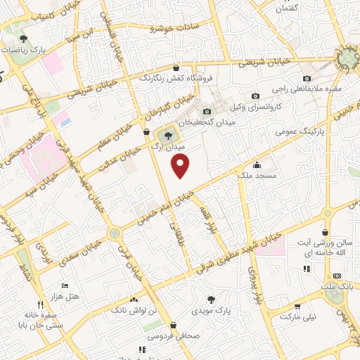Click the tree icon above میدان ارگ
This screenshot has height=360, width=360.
tap(167, 134)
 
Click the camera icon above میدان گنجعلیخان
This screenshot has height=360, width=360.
tap(207, 111)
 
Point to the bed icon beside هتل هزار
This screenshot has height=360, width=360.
tap(65, 285)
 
